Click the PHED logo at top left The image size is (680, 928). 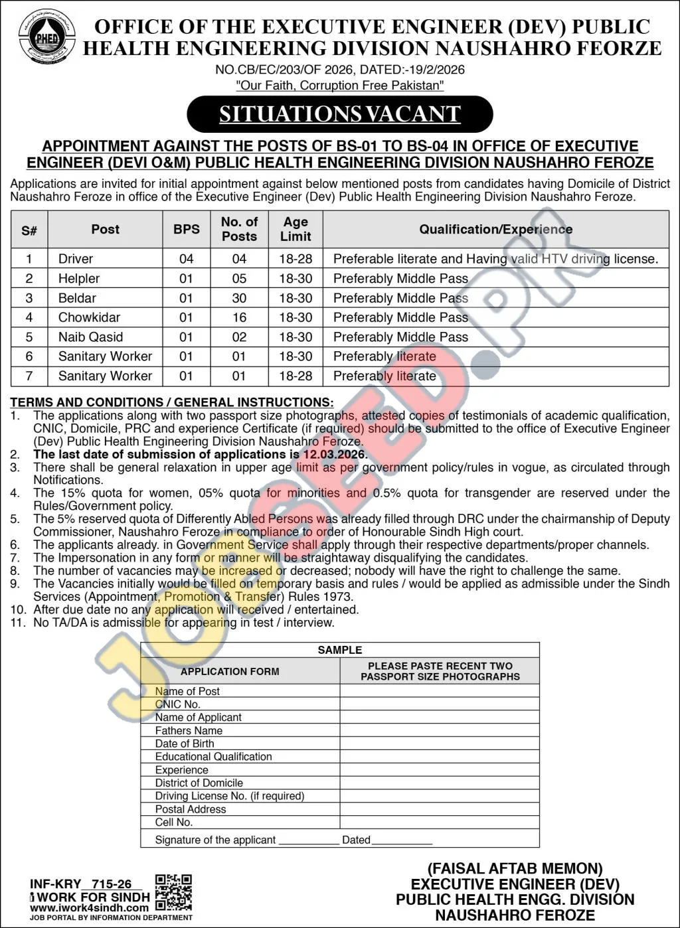[x=46, y=39]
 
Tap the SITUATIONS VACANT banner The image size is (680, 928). [x=339, y=114]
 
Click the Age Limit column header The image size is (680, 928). [x=296, y=229]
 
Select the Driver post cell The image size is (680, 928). [x=76, y=259]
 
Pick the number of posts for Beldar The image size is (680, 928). [x=239, y=298]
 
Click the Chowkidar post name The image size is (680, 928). [x=89, y=317]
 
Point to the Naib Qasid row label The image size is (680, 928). [x=90, y=337]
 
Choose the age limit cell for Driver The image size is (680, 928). [x=296, y=259]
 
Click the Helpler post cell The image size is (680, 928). [x=79, y=279]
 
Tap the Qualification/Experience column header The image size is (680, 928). [x=495, y=229]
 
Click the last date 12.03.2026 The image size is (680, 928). [x=334, y=455]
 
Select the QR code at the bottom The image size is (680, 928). [x=173, y=892]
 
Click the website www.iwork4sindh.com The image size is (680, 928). [x=89, y=907]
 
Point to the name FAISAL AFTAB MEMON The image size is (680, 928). [x=515, y=869]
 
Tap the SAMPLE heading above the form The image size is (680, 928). [x=339, y=650]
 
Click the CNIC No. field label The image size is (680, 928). [x=177, y=704]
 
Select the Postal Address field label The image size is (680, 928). [x=191, y=809]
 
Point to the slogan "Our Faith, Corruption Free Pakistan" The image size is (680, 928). [x=339, y=86]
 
